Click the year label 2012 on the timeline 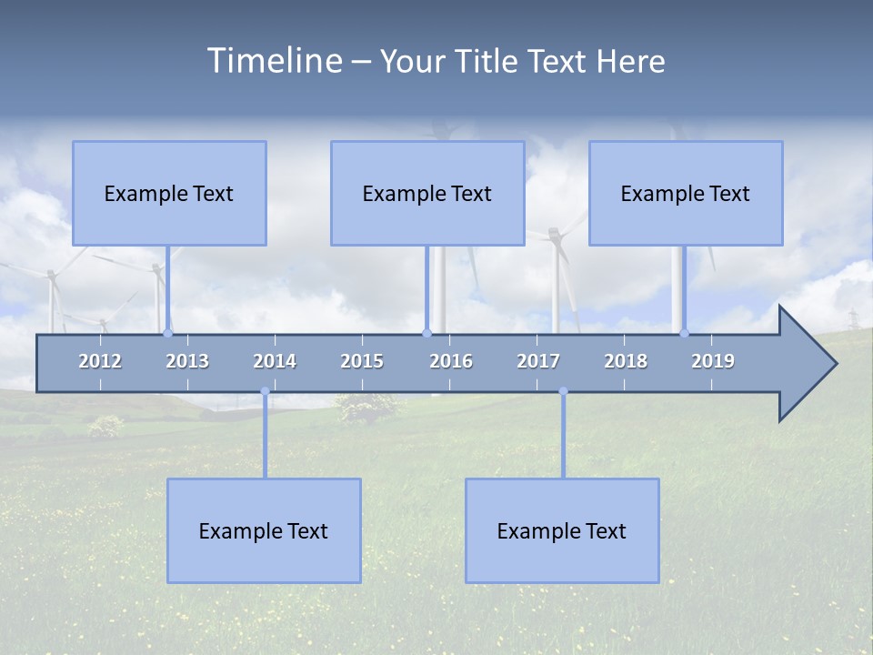(x=100, y=361)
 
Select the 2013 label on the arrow (x=187, y=361)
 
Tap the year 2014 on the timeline (x=275, y=361)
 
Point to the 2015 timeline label (x=362, y=361)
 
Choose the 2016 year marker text (x=451, y=361)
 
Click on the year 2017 (x=538, y=361)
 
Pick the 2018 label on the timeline (x=626, y=361)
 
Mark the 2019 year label (x=713, y=361)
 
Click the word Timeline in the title (x=274, y=61)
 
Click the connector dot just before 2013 (x=167, y=333)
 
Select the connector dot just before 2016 (x=426, y=333)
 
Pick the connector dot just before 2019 (x=684, y=333)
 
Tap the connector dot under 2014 (x=265, y=391)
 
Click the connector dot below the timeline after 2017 (x=563, y=391)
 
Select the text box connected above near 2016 (x=426, y=193)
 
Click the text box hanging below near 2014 (x=264, y=530)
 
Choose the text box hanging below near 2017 (x=562, y=530)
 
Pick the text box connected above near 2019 (x=686, y=193)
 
